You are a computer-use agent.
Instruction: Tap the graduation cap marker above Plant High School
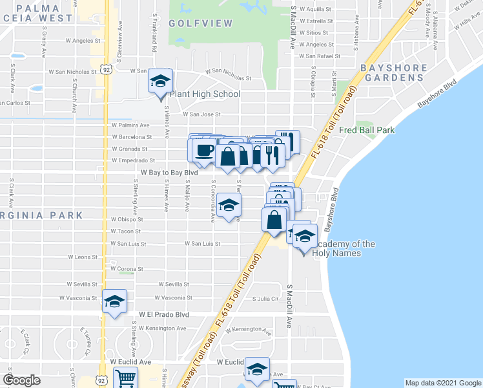(160, 81)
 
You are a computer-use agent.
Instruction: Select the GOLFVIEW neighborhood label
(191, 23)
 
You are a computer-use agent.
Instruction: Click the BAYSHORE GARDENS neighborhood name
(394, 72)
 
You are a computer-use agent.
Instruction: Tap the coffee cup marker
(205, 151)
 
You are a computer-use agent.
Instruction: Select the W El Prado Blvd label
(164, 314)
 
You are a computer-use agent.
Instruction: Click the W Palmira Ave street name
(130, 125)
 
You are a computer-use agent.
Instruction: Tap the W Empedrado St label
(133, 160)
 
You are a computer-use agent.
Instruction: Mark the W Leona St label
(83, 257)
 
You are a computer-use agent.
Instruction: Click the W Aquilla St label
(313, 10)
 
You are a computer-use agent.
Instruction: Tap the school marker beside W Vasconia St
(115, 302)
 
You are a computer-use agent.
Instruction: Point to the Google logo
(21, 380)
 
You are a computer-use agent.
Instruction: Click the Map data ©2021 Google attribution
(442, 383)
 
